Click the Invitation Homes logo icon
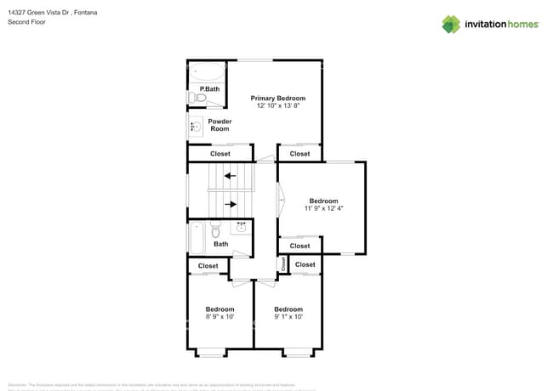click(451, 24)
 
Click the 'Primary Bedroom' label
click(277, 99)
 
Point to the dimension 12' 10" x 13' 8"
click(277, 106)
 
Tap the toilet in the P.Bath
click(200, 99)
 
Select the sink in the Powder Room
click(196, 127)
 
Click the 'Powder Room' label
click(219, 125)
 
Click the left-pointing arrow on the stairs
click(230, 176)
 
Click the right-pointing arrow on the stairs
click(230, 204)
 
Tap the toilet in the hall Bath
click(216, 229)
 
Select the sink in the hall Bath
click(241, 227)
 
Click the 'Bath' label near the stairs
click(220, 244)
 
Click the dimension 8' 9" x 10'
click(219, 316)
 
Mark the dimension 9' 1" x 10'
click(288, 316)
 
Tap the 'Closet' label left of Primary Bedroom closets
click(219, 154)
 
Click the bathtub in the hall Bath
click(196, 238)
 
